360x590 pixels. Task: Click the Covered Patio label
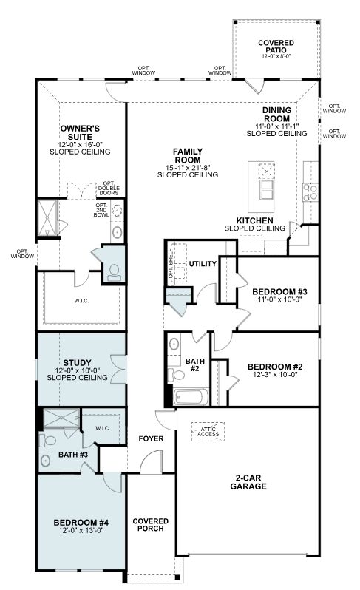(x=276, y=47)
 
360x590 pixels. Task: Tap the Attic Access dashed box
(x=208, y=432)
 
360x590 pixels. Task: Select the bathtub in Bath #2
(x=191, y=396)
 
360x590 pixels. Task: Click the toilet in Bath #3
(x=48, y=440)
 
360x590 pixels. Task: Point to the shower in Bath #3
(x=61, y=418)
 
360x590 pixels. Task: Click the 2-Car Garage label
(x=248, y=482)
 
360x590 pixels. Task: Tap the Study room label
(x=77, y=363)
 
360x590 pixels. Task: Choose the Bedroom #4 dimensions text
(x=81, y=530)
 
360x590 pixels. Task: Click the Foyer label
(x=152, y=438)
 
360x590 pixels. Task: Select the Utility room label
(x=203, y=264)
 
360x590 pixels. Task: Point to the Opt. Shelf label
(x=171, y=263)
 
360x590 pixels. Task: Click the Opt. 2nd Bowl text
(x=101, y=210)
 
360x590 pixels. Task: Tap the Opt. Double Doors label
(x=109, y=188)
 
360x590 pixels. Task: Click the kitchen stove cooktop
(x=310, y=192)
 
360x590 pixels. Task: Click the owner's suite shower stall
(x=47, y=218)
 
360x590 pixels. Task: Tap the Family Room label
(x=188, y=155)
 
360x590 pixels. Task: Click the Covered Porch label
(x=151, y=525)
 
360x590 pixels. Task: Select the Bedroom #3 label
(x=280, y=291)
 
